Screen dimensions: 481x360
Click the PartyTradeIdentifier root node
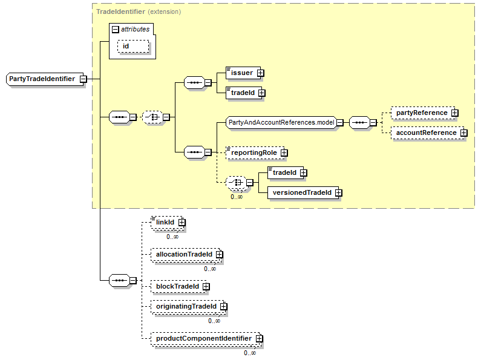tap(45, 79)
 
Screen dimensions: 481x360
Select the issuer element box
tap(243, 73)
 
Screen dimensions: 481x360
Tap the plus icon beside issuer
tap(260, 73)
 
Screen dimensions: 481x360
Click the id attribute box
tap(133, 47)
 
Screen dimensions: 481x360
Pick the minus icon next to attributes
tap(116, 30)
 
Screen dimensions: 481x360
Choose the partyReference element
tap(423, 113)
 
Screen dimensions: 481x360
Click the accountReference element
tap(428, 133)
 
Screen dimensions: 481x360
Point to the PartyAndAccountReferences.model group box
tap(281, 123)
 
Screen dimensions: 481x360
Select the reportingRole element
tap(255, 152)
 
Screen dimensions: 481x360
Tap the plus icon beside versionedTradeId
tap(339, 192)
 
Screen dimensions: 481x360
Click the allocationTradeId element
tap(186, 255)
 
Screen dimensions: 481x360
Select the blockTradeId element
tap(179, 286)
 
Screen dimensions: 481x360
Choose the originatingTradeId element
tap(188, 306)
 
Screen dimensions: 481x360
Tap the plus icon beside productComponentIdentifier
tap(260, 339)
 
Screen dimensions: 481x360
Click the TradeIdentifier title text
tap(120, 11)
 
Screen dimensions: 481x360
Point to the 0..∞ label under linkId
tap(172, 237)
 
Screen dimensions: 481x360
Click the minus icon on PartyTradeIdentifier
tap(83, 79)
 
